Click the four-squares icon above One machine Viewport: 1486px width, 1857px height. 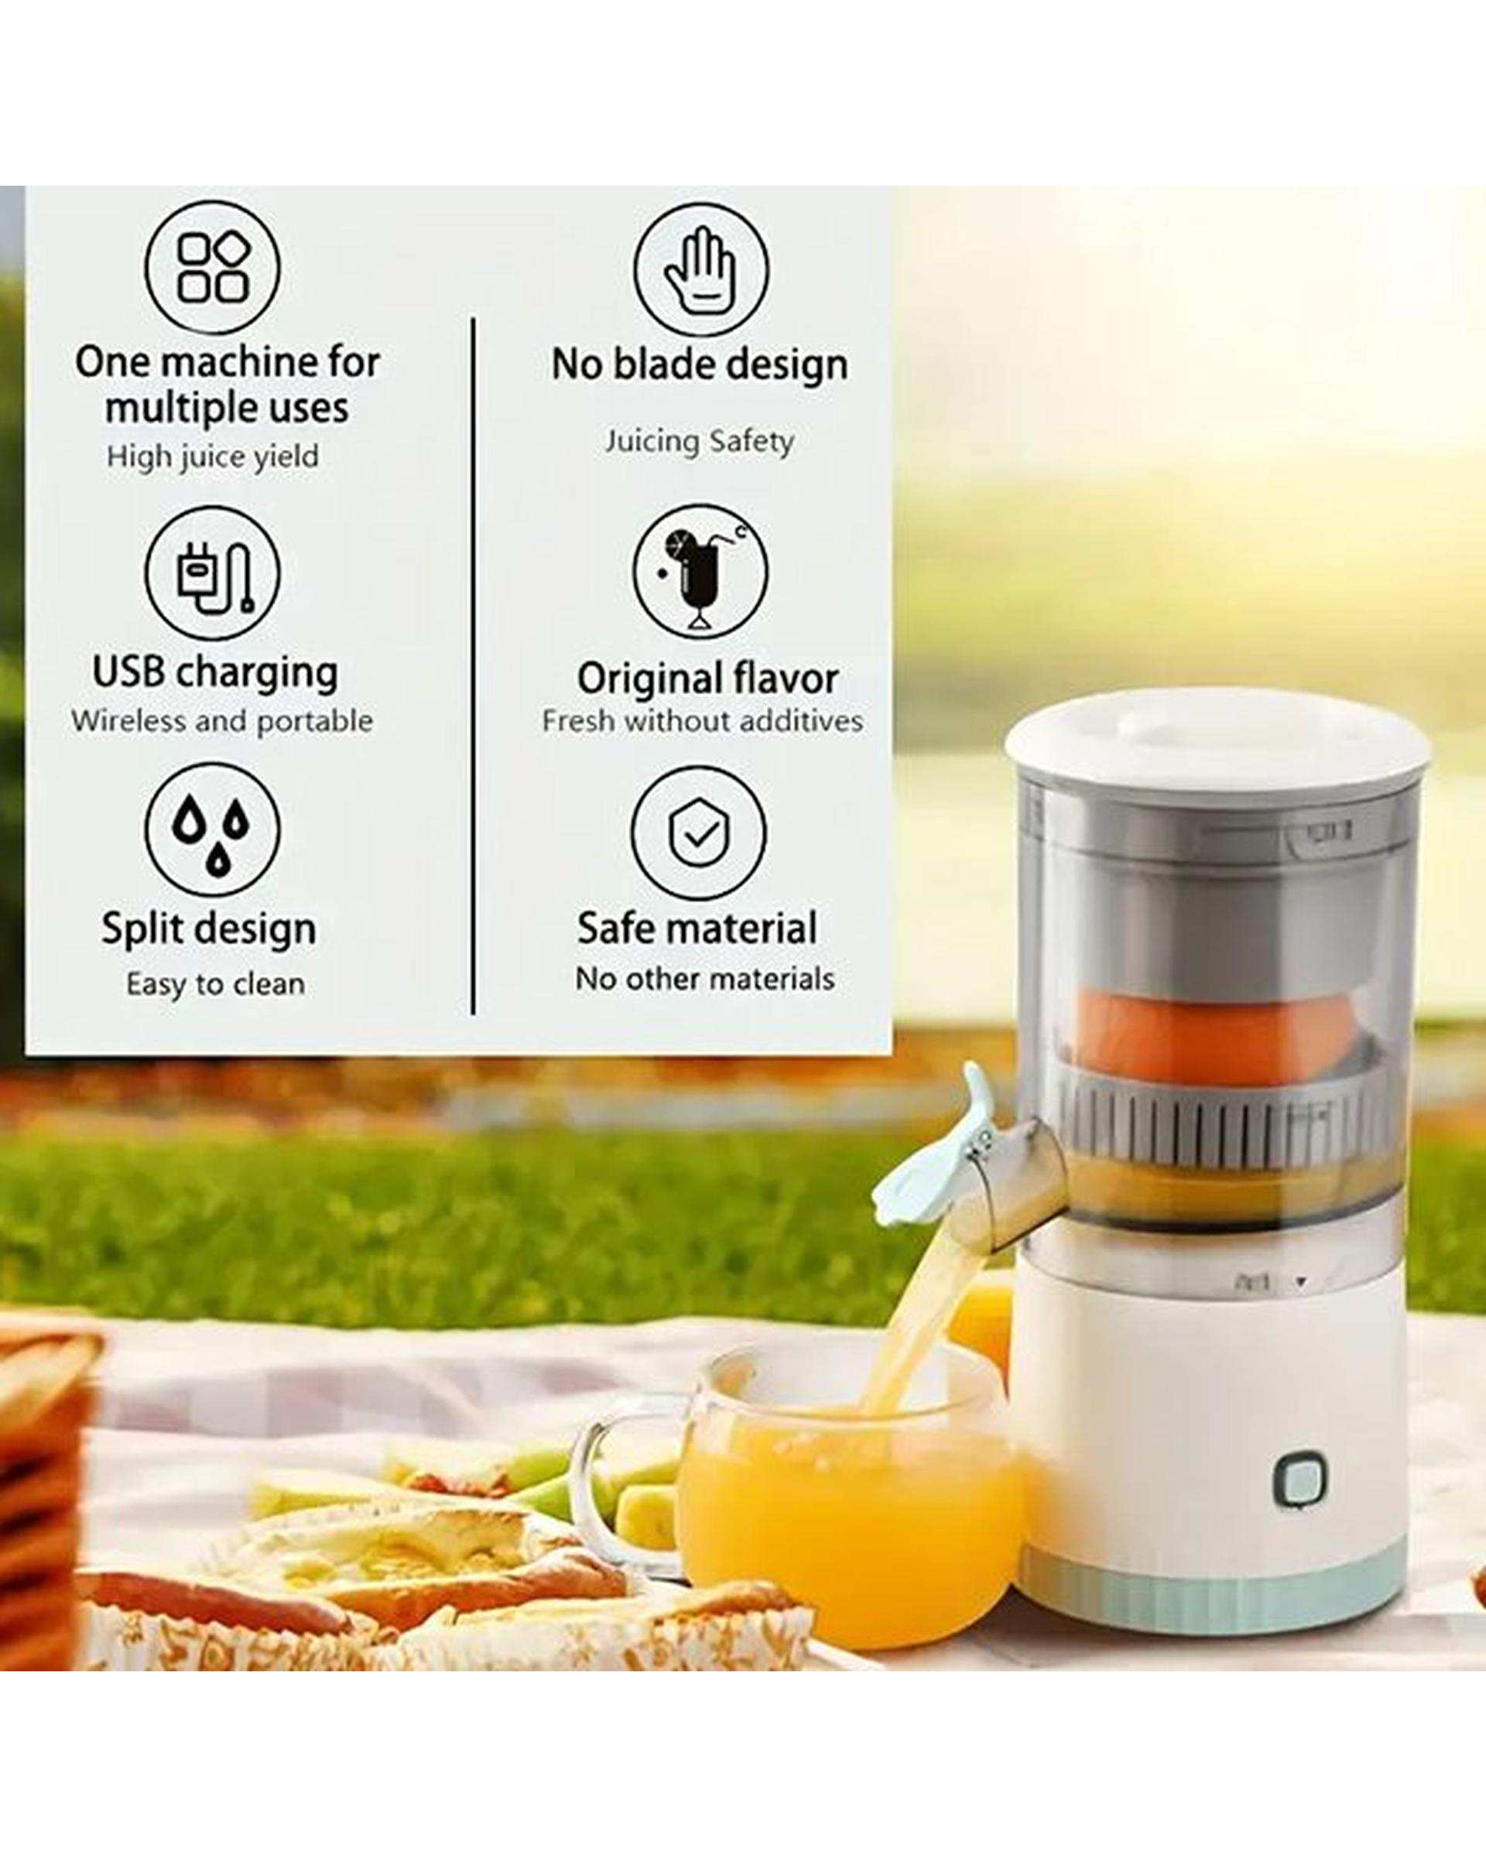212,267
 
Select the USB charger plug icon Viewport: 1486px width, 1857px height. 212,573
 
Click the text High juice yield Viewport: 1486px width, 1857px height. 213,457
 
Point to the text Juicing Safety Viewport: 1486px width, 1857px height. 699,442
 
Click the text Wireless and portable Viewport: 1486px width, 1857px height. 222,721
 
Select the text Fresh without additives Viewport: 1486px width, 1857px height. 702,721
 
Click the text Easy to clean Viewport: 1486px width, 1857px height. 215,983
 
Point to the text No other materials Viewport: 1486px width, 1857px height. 704,979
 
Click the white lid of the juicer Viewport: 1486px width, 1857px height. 1217,743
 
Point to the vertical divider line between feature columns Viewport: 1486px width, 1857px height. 473,665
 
